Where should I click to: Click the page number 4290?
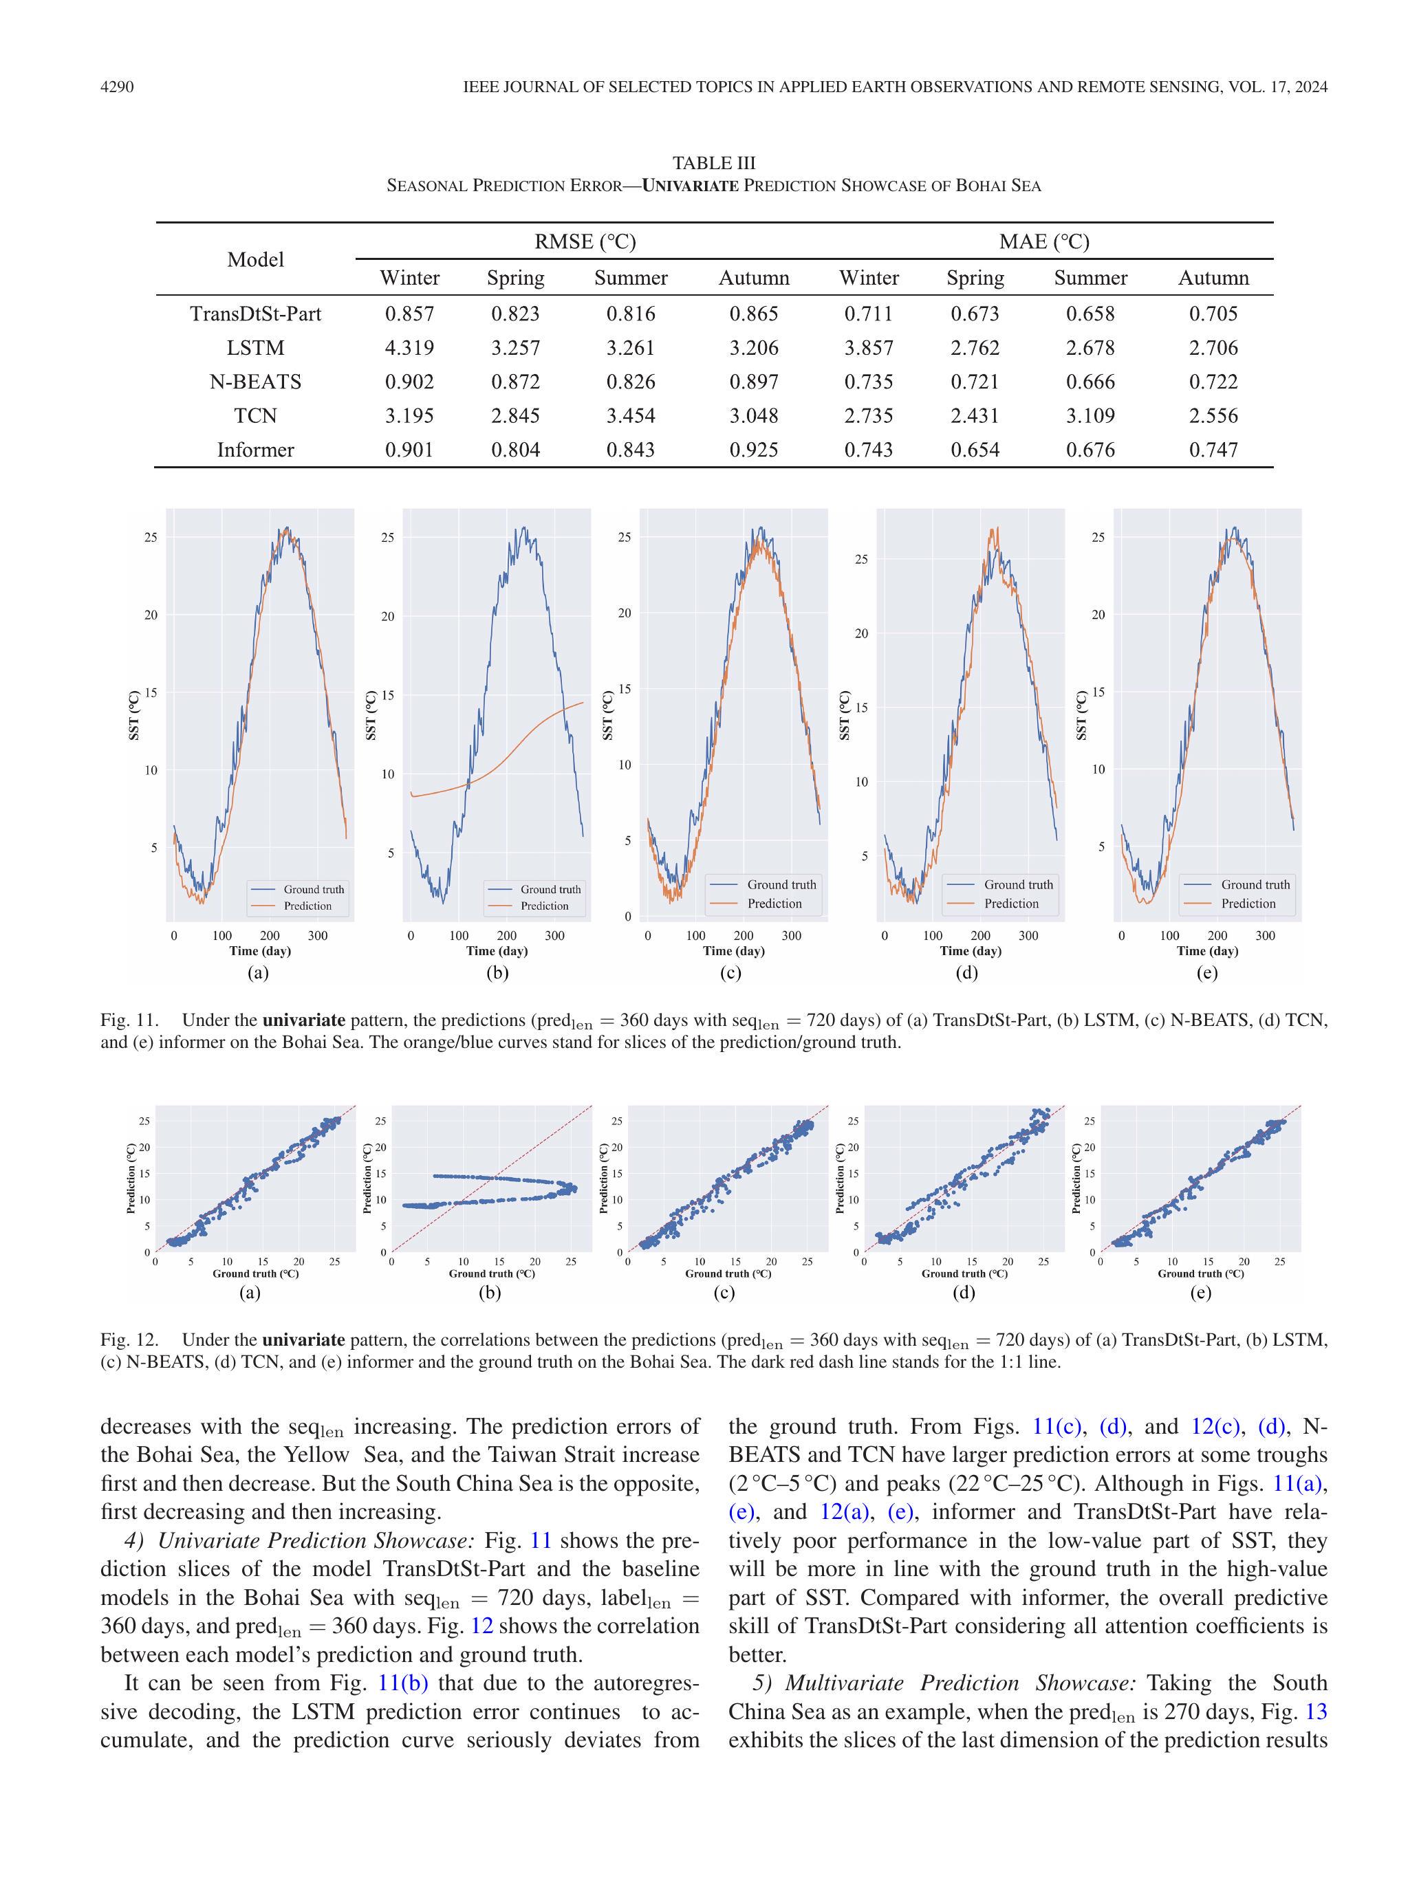tap(117, 87)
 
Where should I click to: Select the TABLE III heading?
tap(713, 162)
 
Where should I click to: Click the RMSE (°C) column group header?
tap(585, 242)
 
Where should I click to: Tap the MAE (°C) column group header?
tap(1043, 242)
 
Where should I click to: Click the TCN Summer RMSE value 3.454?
tap(630, 416)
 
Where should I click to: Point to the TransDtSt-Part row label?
tap(255, 314)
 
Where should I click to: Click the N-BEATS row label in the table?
tap(255, 382)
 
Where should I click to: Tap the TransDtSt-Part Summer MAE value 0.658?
tap(1090, 314)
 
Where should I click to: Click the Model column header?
tap(255, 260)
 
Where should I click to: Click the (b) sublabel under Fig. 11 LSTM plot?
tap(496, 973)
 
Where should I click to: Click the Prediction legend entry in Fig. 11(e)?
tap(1247, 904)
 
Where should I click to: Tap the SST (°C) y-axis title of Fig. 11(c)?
tap(607, 714)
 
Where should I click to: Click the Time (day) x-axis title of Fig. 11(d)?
tap(970, 950)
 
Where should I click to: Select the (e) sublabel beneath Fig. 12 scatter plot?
tap(1200, 1293)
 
